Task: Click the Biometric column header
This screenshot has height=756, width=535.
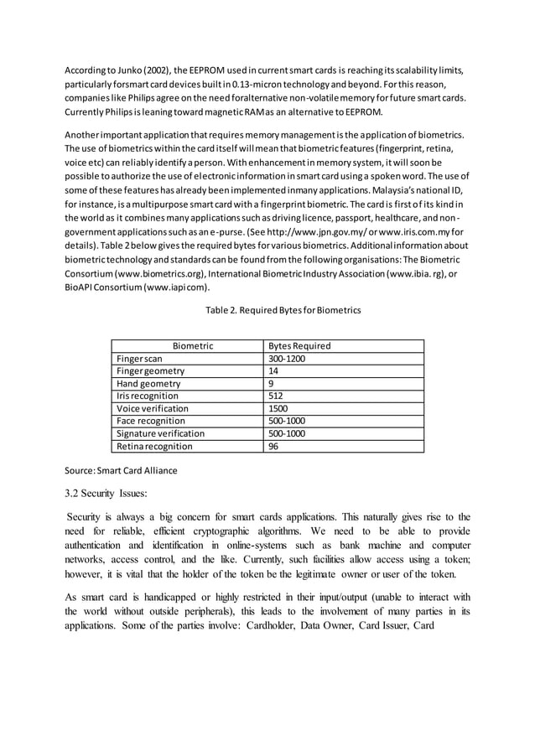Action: pyautogui.click(x=193, y=346)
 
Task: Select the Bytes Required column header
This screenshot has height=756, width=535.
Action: pyautogui.click(x=299, y=346)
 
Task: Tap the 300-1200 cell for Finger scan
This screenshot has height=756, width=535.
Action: pyautogui.click(x=287, y=359)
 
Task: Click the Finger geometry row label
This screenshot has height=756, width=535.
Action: pyautogui.click(x=150, y=371)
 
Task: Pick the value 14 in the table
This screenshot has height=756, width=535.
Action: pyautogui.click(x=273, y=371)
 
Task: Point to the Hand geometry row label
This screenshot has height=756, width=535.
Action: pyautogui.click(x=148, y=384)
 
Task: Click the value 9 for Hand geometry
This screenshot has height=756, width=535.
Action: pyautogui.click(x=271, y=384)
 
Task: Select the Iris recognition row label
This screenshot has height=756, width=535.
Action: pyautogui.click(x=148, y=396)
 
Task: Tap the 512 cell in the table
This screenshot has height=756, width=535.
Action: pyautogui.click(x=276, y=396)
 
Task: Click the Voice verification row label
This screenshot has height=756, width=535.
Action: pyautogui.click(x=153, y=409)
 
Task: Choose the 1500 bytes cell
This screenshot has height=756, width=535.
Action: pyautogui.click(x=278, y=409)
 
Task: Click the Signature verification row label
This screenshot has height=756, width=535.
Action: pyautogui.click(x=160, y=434)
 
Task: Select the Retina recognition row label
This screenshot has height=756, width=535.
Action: pyautogui.click(x=154, y=447)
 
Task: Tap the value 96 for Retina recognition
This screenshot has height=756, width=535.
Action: pyautogui.click(x=273, y=447)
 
